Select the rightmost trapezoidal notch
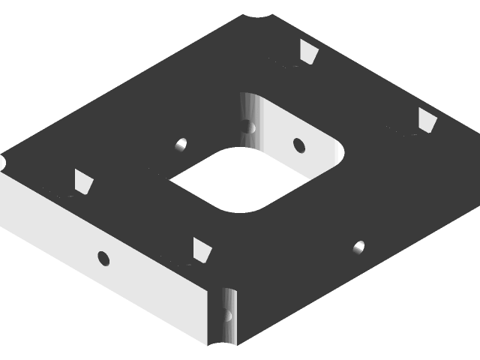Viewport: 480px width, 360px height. [427, 120]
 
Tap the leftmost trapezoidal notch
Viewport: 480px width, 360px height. [83, 181]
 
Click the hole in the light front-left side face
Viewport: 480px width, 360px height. [103, 259]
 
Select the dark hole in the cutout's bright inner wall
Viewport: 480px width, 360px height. [298, 143]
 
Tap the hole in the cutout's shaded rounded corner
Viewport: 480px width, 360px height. [247, 125]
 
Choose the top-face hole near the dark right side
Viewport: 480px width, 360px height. [358, 246]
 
